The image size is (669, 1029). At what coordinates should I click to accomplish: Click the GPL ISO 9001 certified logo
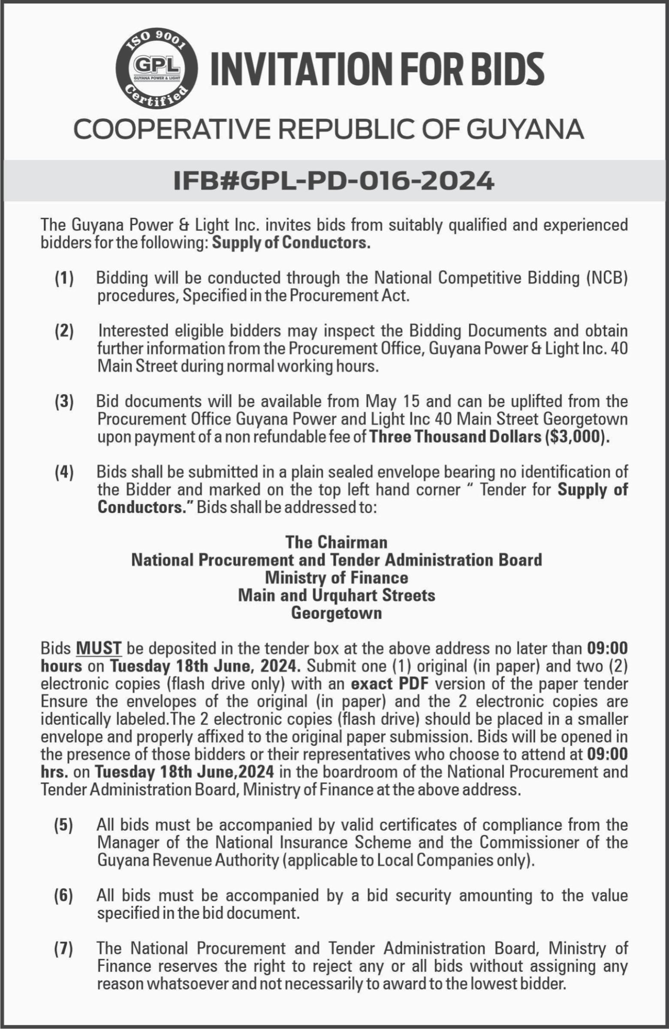[x=157, y=69]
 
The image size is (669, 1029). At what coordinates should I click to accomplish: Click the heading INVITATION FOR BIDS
[x=376, y=69]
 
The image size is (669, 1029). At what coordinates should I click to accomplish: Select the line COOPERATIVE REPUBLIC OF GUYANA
[x=328, y=129]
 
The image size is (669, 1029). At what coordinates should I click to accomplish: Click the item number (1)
[x=64, y=278]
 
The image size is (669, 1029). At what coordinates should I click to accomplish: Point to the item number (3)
[x=64, y=402]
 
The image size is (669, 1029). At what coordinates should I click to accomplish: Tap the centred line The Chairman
[x=337, y=542]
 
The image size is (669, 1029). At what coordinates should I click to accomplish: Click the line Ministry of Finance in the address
[x=337, y=578]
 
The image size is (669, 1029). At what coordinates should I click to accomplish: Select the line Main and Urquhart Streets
[x=337, y=596]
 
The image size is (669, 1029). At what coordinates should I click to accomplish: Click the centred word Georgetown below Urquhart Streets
[x=337, y=613]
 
